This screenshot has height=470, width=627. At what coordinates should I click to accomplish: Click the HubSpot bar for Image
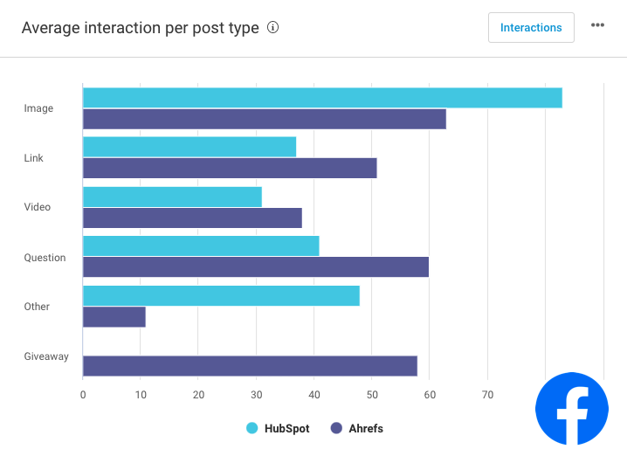click(322, 98)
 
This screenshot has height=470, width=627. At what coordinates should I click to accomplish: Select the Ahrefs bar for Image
click(265, 119)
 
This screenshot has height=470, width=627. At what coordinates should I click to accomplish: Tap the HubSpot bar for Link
click(189, 147)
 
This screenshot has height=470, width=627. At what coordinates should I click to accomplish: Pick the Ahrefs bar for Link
click(230, 168)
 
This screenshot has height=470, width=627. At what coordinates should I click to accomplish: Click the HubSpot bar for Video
click(172, 197)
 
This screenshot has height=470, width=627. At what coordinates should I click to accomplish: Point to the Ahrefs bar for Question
click(256, 267)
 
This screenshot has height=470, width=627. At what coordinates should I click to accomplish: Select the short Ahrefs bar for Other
click(114, 316)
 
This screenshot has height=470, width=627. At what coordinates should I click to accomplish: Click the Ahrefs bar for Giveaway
click(250, 366)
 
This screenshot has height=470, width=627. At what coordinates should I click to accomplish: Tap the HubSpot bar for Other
click(221, 295)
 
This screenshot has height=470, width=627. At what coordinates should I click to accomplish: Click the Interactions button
click(531, 28)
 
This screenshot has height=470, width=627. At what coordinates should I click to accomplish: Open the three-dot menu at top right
click(597, 25)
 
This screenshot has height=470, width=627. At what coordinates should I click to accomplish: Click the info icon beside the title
click(272, 28)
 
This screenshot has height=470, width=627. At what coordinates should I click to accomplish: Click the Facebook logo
click(572, 409)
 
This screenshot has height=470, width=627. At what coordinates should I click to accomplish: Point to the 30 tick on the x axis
click(256, 395)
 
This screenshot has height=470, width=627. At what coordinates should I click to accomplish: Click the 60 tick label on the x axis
click(430, 395)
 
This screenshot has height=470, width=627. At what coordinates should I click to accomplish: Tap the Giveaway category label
click(46, 356)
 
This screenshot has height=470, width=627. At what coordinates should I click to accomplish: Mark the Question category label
click(45, 258)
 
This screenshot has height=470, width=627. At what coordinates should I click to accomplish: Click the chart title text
click(140, 28)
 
